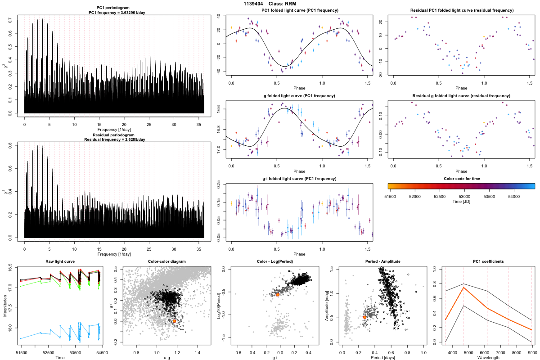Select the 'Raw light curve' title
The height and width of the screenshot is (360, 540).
pos(60,261)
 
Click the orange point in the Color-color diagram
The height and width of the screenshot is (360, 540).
pos(175,321)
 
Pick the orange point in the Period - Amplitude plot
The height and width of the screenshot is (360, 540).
pos(364,317)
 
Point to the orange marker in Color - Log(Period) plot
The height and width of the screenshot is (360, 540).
pos(278,294)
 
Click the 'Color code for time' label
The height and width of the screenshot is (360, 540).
pos(461,178)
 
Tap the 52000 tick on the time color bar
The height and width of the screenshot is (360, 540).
pos(415,197)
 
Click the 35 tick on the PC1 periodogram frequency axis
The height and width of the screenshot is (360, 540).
pos(199,124)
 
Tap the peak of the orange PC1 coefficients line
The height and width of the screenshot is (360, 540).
pos(463,287)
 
